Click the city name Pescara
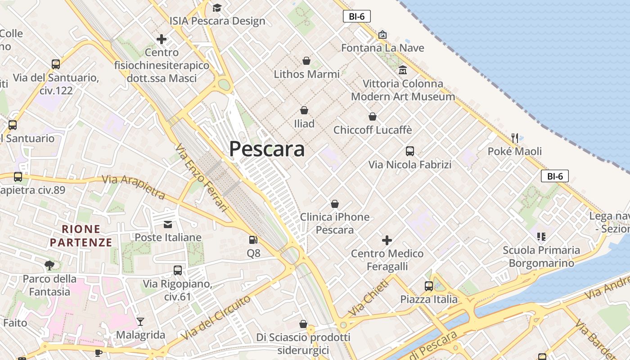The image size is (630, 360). pyautogui.click(x=267, y=149)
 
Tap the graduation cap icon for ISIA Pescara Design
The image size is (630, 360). pyautogui.click(x=217, y=8)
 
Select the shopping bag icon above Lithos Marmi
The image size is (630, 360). pyautogui.click(x=306, y=61)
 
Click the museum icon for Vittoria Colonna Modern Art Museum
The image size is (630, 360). pyautogui.click(x=402, y=70)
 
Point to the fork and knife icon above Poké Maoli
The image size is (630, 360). pyautogui.click(x=515, y=138)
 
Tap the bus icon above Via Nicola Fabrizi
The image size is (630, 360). pyautogui.click(x=409, y=151)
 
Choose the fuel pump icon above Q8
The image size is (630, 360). pyautogui.click(x=253, y=240)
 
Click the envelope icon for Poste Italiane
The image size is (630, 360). pyautogui.click(x=168, y=224)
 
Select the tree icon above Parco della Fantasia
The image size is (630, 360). pyautogui.click(x=49, y=265)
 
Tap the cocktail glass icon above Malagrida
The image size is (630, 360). pyautogui.click(x=140, y=322)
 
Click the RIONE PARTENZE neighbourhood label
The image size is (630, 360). pyautogui.click(x=81, y=236)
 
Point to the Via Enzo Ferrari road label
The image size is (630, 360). pyautogui.click(x=201, y=177)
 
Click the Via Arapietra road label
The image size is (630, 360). pyautogui.click(x=134, y=187)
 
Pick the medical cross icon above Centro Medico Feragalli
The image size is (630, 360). pyautogui.click(x=387, y=240)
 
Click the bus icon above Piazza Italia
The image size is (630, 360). pyautogui.click(x=428, y=286)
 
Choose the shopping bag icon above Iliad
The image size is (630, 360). pyautogui.click(x=304, y=110)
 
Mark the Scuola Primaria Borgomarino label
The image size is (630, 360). pyautogui.click(x=541, y=256)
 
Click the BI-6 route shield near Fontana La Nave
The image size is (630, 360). pyautogui.click(x=356, y=17)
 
